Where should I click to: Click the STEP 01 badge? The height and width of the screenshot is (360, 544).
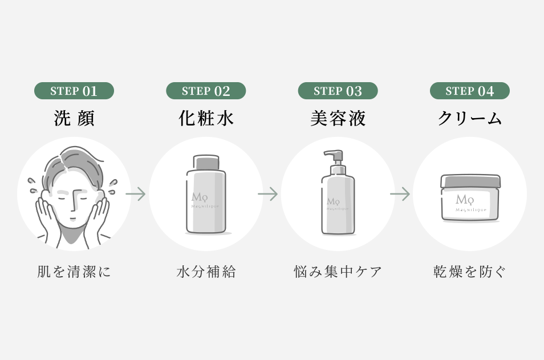tap(74, 91)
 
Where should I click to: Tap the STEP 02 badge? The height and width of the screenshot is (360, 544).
tap(206, 91)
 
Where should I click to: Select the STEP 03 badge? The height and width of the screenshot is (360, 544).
tap(338, 91)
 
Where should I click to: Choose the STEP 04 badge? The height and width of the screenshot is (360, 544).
tap(469, 91)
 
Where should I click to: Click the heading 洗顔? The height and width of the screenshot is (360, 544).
tap(74, 118)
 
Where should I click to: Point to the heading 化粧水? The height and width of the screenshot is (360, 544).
tap(206, 118)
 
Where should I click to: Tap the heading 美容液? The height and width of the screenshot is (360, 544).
tap(338, 118)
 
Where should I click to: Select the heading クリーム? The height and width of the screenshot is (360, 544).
tap(469, 118)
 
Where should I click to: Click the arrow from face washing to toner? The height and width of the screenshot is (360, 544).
tap(136, 194)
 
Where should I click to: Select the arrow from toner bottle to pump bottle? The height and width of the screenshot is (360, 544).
tap(267, 194)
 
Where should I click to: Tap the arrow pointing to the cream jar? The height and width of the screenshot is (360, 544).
tap(400, 194)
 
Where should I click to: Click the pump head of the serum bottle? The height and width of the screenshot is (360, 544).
tap(334, 156)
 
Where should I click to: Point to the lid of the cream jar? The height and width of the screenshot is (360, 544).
tap(470, 182)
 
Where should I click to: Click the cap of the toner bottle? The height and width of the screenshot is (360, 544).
tap(206, 163)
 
